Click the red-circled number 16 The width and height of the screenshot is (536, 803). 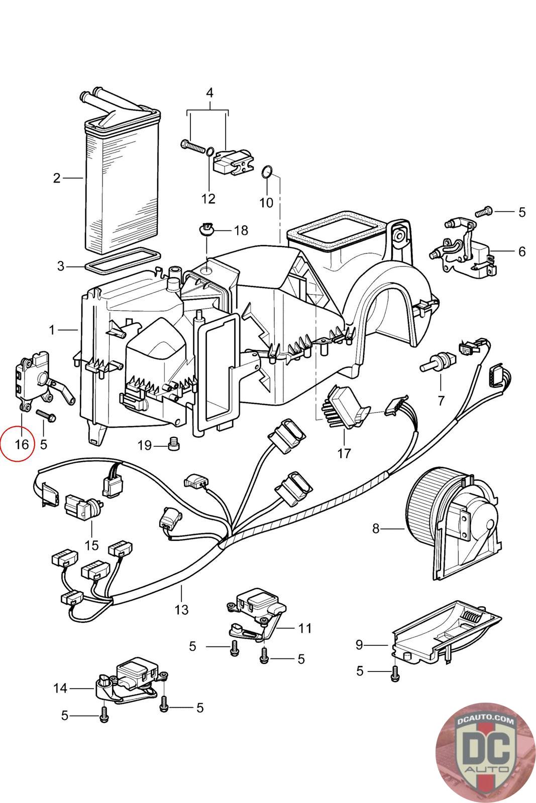pos(21,444)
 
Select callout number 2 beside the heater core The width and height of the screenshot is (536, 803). pos(57,178)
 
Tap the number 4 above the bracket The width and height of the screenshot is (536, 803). pos(209,93)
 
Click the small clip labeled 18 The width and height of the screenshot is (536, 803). pos(206,230)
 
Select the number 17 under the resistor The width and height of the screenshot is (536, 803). pos(344,453)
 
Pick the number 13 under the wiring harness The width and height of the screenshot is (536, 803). pos(181,609)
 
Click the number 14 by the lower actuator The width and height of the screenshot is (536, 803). pos(60,688)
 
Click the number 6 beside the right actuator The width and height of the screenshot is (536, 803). pos(522,251)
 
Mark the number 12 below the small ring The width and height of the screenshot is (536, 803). pos(208,199)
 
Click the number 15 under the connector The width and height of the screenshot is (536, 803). pos(92,545)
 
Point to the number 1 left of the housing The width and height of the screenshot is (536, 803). pos(52,330)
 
